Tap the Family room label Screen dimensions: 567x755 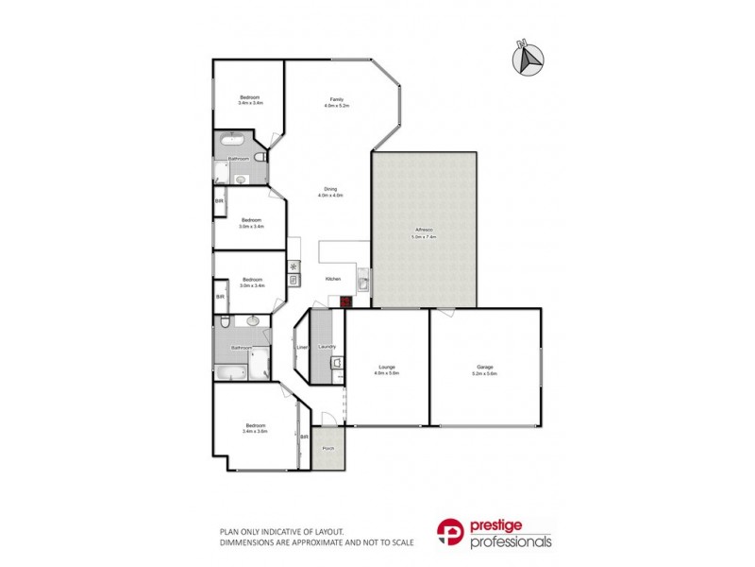coord(336,99)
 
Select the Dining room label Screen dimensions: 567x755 coord(331,188)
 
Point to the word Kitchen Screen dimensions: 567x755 coord(332,279)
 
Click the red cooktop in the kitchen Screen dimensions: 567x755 coord(345,301)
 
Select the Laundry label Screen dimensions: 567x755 coord(327,347)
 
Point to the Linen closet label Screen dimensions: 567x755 coord(302,347)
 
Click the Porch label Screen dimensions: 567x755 coord(328,448)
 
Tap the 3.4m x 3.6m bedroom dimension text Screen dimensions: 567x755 coord(255,432)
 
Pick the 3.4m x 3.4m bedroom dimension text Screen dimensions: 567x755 coord(250,102)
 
